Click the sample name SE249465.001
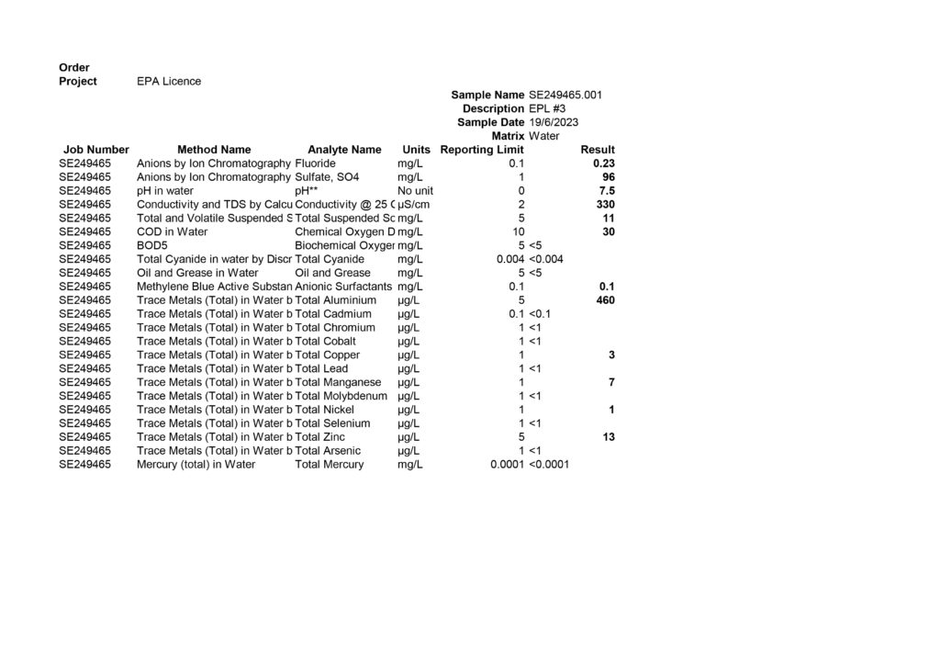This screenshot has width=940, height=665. coord(565,95)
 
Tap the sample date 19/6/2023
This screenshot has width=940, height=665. coord(554,122)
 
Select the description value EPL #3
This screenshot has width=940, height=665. coord(547,108)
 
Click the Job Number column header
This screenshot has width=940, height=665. coord(96,150)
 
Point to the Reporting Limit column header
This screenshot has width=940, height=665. coord(482,150)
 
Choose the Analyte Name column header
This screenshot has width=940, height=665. coord(344,150)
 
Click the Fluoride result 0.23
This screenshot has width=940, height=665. coord(603,163)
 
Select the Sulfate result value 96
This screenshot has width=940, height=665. coord(608,177)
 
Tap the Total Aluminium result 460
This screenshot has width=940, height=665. coord(605,300)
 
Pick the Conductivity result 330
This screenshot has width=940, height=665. coord(605,205)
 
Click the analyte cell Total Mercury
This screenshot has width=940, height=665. coord(330,465)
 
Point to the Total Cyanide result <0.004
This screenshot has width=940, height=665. coord(546,259)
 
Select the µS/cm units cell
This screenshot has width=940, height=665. coord(414,205)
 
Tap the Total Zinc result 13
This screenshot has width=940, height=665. coord(608,437)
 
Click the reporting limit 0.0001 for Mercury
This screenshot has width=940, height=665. coord(507,465)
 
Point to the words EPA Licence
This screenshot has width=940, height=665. coord(169,81)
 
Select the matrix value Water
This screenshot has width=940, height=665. coord(544,136)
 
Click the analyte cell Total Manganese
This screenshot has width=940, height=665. coord(338,382)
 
